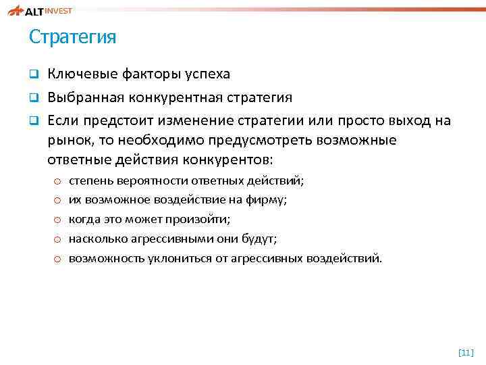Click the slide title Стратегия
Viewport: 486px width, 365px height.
tap(72, 37)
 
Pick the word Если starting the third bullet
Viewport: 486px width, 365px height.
tap(61, 120)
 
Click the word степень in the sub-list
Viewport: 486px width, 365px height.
tap(91, 181)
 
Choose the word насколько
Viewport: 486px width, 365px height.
tap(97, 239)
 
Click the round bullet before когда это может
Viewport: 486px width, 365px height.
tap(57, 220)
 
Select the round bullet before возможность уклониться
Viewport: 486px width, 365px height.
tap(57, 259)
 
